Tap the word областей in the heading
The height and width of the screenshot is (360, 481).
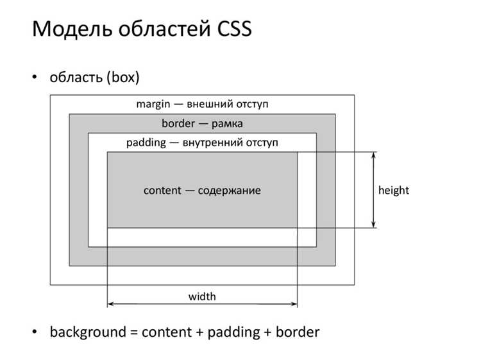(164, 28)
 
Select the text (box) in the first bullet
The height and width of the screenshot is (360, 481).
(123, 77)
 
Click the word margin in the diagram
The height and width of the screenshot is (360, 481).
(153, 104)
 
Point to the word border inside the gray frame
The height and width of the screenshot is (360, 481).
(178, 123)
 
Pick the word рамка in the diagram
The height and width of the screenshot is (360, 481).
(227, 124)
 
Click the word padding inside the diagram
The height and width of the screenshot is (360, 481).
(146, 142)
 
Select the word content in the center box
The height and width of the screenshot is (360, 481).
(162, 191)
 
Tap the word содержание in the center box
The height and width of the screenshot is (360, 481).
(230, 191)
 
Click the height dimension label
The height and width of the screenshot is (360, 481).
(394, 191)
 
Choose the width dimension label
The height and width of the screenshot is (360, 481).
(202, 296)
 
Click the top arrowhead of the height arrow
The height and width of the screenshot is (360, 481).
(373, 154)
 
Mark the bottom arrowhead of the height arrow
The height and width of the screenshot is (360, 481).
(373, 226)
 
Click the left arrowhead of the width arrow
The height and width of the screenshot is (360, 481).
(110, 304)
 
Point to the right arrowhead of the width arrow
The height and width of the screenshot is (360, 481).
(295, 304)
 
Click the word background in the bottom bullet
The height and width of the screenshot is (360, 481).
(88, 332)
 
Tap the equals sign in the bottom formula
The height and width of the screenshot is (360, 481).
(134, 332)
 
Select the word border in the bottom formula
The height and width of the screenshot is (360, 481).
(298, 332)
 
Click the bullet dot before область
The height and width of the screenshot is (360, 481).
(35, 76)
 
